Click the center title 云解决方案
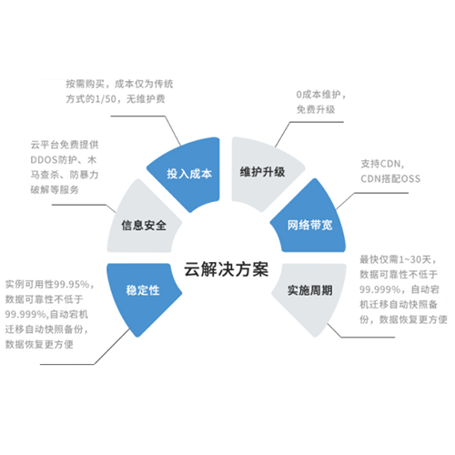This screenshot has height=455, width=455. coord(227,269)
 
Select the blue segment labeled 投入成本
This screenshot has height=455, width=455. coord(188,174)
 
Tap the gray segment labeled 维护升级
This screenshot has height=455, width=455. coord(263,172)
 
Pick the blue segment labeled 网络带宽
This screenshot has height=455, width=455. coord(310,225)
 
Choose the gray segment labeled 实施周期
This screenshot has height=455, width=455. coord(310,290)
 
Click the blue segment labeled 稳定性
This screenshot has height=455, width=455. coord(143,290)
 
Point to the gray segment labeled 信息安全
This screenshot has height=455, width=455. coord(144,225)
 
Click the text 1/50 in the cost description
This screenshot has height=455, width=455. coord(106,99)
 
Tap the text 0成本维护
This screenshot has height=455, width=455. coord(318,95)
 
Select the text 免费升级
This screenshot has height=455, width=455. coord(316,109)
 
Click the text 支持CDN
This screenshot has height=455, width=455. coord(380,164)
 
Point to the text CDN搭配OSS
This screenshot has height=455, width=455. coord(390,178)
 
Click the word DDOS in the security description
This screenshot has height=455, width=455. coord(44,160)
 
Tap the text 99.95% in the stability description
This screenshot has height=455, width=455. coord(72,285)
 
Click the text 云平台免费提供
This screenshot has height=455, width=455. coord(65,145)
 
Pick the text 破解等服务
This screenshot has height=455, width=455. coord(55,190)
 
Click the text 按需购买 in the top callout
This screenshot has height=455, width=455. coord(86,84)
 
